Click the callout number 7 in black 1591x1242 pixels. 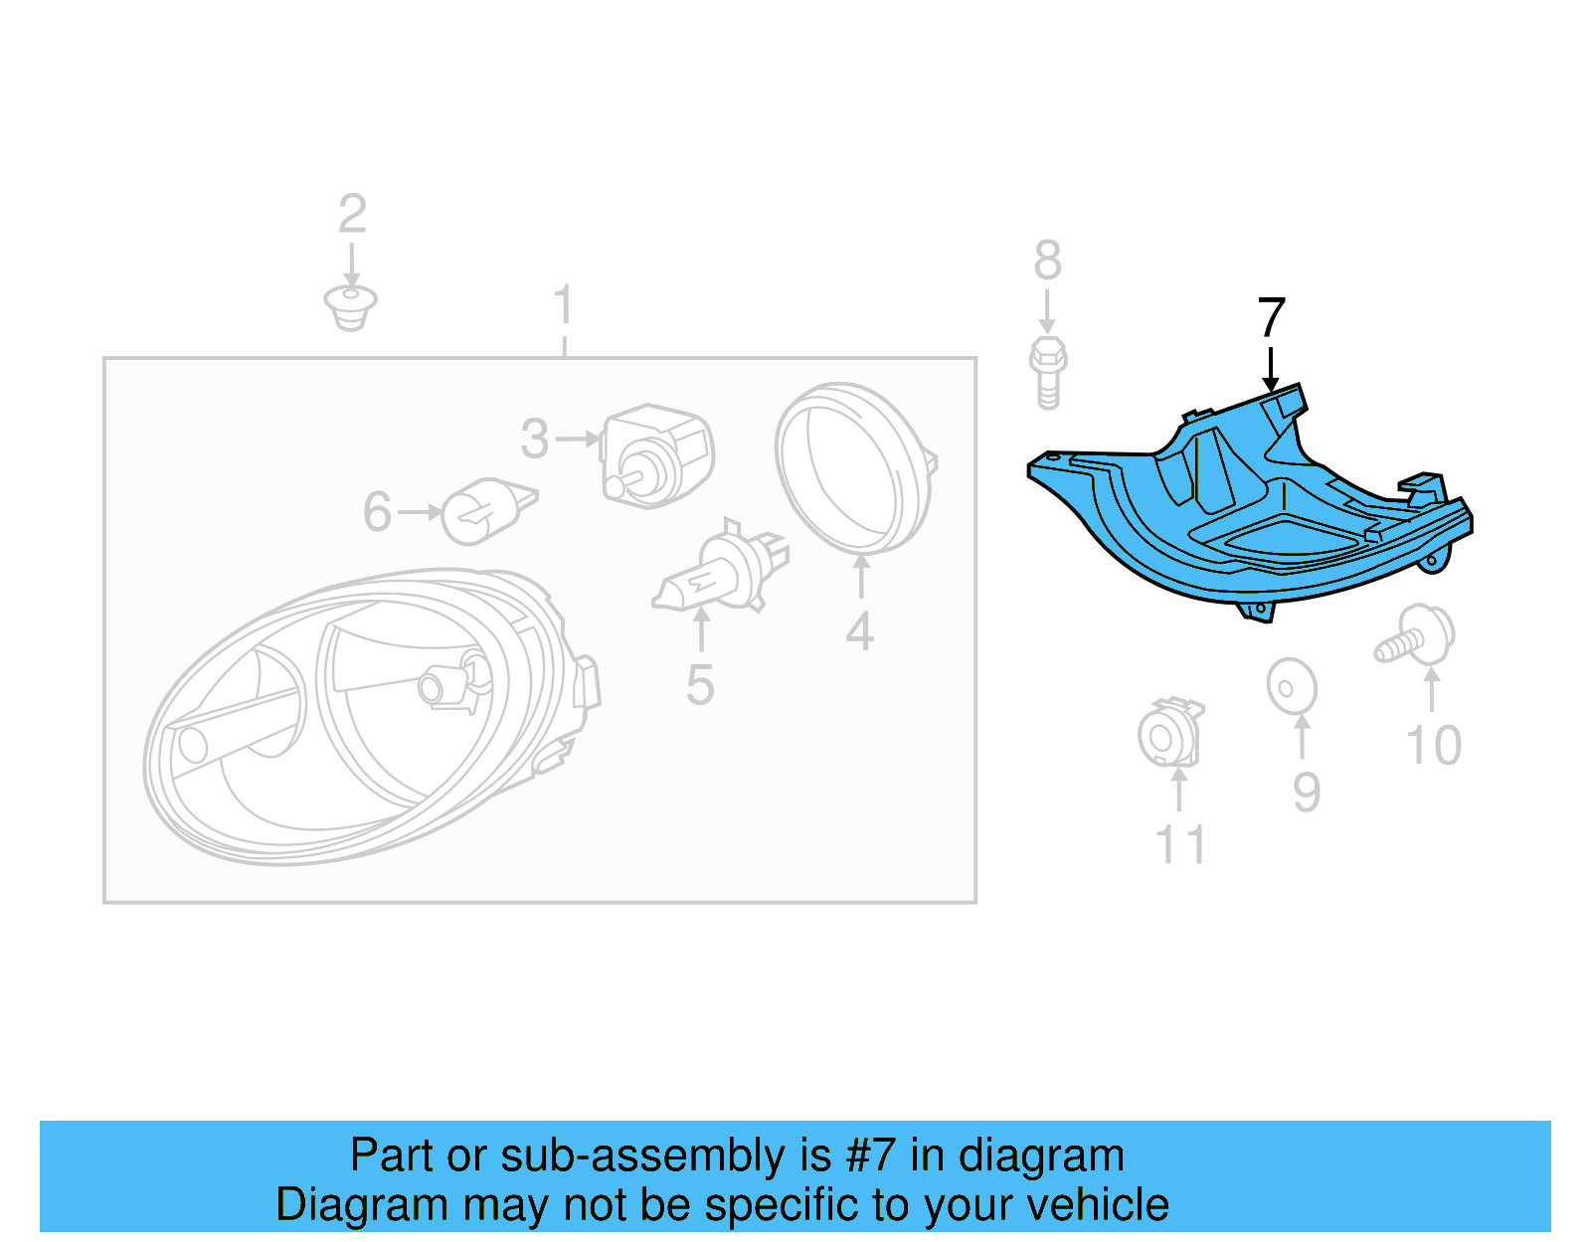1271,318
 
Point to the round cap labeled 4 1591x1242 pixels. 853,467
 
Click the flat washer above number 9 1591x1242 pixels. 1292,686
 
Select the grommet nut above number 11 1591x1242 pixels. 1169,734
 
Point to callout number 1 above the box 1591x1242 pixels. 564,305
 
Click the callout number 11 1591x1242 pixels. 1180,845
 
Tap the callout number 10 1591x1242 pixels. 1433,746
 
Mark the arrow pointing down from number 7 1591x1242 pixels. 1270,369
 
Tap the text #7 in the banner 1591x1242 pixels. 870,1155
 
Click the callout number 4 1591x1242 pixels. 859,632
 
